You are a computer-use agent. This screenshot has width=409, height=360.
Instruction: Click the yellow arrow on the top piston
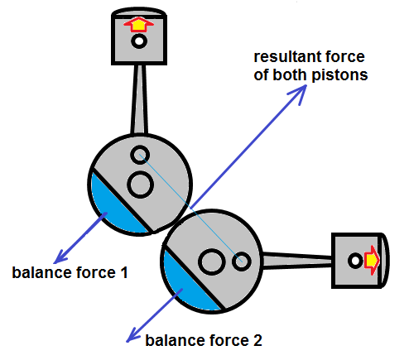[x=138, y=25]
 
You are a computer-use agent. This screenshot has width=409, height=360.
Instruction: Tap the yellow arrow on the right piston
[x=372, y=260]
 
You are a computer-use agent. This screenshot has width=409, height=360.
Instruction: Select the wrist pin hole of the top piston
[x=139, y=41]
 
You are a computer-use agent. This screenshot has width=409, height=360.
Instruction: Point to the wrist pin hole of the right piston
[x=355, y=261]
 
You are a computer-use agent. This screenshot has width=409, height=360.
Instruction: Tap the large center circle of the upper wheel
[x=141, y=185]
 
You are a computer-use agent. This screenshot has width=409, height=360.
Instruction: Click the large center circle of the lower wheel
[x=212, y=262]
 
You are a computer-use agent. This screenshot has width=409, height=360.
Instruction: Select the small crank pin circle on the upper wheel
[x=140, y=155]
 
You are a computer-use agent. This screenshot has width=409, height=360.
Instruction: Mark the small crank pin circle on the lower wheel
[x=242, y=262]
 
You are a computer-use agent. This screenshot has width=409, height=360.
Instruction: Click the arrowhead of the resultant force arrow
[x=300, y=93]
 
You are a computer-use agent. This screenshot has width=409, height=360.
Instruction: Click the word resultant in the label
[x=287, y=57]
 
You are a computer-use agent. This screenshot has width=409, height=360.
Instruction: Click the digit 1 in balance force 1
[x=124, y=272]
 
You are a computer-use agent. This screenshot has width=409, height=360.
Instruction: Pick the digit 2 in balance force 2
[x=257, y=340]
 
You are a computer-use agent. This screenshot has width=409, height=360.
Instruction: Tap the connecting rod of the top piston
[x=139, y=99]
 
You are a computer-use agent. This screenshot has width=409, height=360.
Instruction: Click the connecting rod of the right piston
[x=296, y=261]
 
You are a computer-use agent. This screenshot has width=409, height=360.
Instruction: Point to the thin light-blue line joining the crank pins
[x=190, y=208]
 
